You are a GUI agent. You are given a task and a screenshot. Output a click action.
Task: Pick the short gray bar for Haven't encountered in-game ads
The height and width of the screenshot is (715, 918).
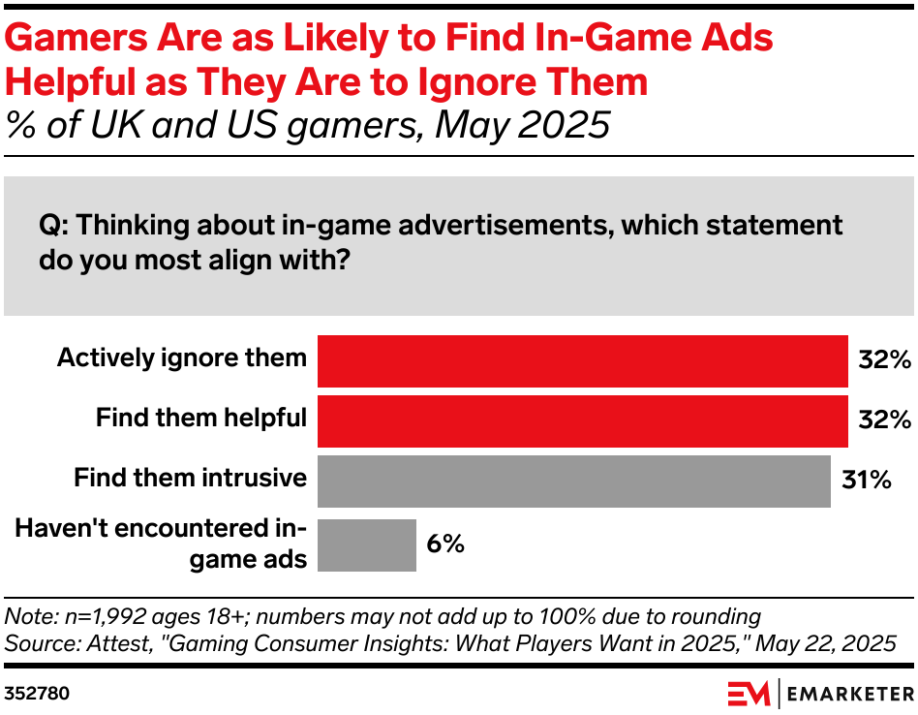pyautogui.click(x=366, y=544)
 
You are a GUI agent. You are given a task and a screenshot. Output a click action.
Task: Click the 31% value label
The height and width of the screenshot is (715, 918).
pyautogui.click(x=866, y=480)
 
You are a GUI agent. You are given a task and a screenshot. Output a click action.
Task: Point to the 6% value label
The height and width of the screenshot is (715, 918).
pyautogui.click(x=445, y=544)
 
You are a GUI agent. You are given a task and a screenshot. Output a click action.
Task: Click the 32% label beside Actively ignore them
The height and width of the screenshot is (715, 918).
pyautogui.click(x=884, y=360)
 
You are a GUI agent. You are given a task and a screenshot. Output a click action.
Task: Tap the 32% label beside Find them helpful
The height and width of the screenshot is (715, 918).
pyautogui.click(x=884, y=420)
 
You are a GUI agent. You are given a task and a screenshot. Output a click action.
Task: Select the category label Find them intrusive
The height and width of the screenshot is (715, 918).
pyautogui.click(x=191, y=478)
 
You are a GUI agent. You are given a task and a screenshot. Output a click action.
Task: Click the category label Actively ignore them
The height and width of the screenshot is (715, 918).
pyautogui.click(x=182, y=357)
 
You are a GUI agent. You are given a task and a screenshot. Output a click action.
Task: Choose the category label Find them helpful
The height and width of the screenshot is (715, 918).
pyautogui.click(x=201, y=418)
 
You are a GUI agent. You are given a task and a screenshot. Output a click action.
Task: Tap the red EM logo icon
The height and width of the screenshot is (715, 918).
pyautogui.click(x=748, y=694)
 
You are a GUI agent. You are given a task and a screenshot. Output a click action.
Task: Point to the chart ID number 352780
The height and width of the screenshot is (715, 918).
pyautogui.click(x=36, y=694)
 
